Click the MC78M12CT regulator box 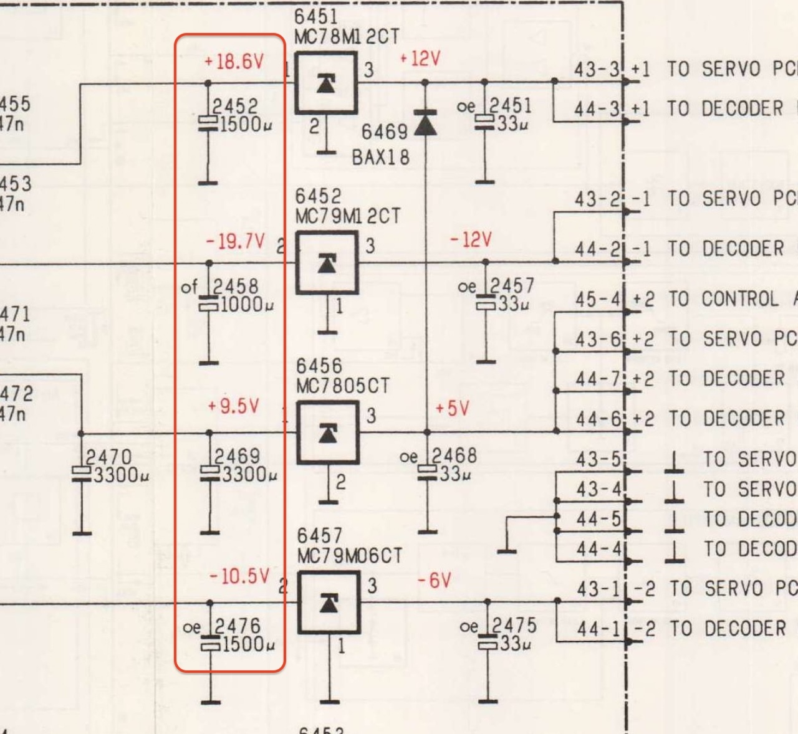(x=325, y=83)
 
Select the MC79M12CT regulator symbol (x=327, y=263)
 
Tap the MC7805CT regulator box (x=328, y=432)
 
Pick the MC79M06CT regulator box (x=329, y=603)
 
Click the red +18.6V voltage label (x=234, y=62)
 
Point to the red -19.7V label (x=236, y=241)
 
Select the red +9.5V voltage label (x=233, y=406)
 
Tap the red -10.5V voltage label (x=239, y=576)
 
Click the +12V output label (x=420, y=59)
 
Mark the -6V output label (x=434, y=581)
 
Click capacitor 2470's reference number (x=108, y=457)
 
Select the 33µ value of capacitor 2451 (x=512, y=123)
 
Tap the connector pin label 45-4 (x=598, y=300)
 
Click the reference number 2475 (x=514, y=626)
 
